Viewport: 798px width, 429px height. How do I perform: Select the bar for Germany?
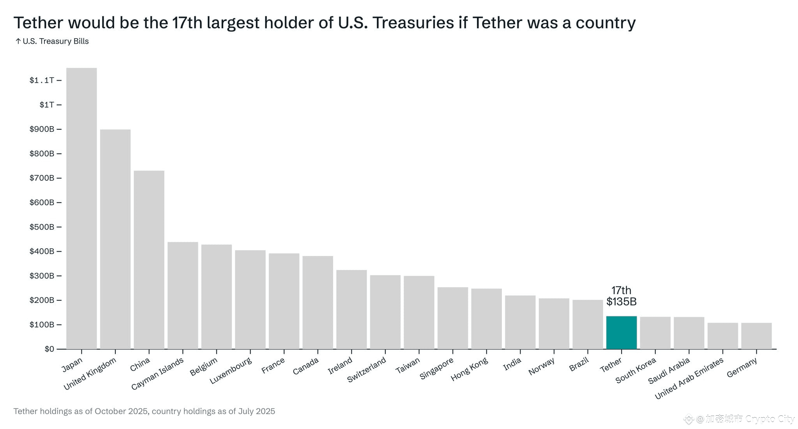point(756,336)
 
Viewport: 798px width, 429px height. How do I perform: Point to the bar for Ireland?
point(351,309)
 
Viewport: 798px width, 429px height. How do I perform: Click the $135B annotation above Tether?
point(621,302)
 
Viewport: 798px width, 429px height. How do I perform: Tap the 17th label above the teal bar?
point(621,290)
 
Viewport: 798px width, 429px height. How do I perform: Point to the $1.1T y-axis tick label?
point(42,80)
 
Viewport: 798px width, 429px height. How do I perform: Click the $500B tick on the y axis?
point(42,227)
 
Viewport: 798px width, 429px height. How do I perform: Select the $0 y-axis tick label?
point(49,349)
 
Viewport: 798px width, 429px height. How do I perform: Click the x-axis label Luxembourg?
point(231,371)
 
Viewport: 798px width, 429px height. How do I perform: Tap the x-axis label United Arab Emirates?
point(689,378)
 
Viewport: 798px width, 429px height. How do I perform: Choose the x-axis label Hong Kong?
point(469,369)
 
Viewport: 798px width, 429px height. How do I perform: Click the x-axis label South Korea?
point(636,371)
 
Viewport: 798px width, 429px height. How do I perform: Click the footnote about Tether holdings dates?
point(144,411)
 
